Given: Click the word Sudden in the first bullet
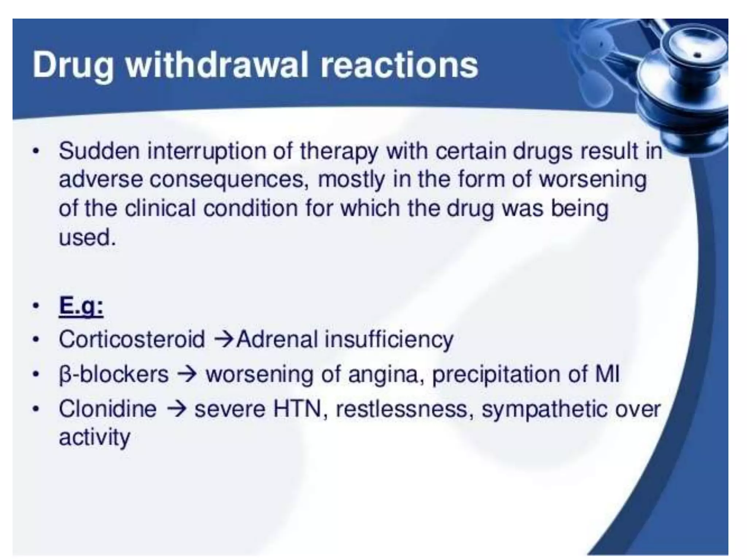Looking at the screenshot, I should coord(99,151).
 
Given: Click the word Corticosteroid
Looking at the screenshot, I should coord(132,339).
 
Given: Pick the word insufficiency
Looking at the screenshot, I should coord(389,339).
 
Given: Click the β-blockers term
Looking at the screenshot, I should coord(114,374).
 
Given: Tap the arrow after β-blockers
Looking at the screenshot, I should coord(189,374).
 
